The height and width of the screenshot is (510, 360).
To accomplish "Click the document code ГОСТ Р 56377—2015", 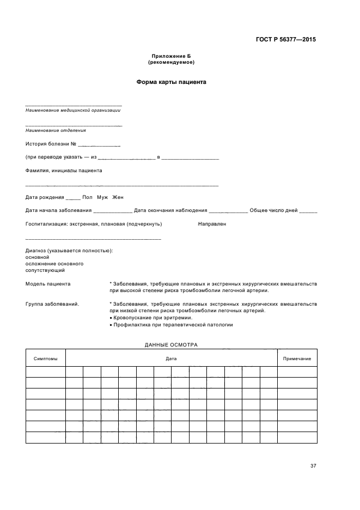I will coord(285,39).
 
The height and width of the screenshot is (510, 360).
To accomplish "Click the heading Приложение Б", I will coord(171,57).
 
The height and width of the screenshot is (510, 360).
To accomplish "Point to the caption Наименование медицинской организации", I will coord(73,110).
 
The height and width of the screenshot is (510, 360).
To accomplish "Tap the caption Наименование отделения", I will coord(56,130).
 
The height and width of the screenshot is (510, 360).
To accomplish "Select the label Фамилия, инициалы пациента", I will coord(64,170).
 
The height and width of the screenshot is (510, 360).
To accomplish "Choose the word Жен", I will coord(118,197).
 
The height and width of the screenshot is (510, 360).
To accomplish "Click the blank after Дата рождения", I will coord(73,197).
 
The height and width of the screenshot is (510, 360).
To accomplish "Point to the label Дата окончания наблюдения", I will coord(170,210).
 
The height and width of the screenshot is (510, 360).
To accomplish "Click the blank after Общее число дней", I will coord(308,211).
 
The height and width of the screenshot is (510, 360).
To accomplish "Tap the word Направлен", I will coord(212,223).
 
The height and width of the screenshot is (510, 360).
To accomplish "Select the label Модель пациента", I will coord(48,284).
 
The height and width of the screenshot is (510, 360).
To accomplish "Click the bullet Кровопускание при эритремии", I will coord(152,318).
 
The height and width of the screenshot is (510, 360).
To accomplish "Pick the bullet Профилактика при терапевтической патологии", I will coord(173,325).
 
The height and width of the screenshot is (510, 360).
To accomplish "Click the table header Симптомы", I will coord(45,359).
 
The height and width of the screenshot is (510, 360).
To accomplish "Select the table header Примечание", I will coord(297,359).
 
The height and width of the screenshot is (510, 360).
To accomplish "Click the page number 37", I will coord(313,465).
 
